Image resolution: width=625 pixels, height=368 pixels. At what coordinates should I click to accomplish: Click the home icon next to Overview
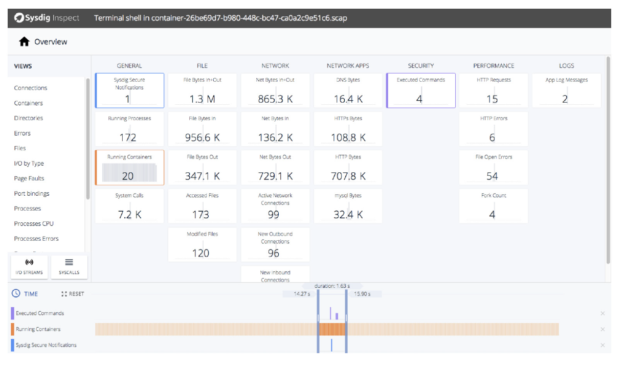[x=24, y=42]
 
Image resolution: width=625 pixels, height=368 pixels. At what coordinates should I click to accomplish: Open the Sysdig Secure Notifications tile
[x=129, y=90]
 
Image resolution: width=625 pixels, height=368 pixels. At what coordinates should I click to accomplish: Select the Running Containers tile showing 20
[x=129, y=167]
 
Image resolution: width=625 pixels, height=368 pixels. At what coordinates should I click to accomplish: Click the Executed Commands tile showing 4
[x=420, y=90]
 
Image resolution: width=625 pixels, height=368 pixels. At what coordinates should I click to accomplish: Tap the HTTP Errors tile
[x=493, y=129]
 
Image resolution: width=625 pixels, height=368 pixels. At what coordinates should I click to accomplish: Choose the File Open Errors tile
[x=493, y=167]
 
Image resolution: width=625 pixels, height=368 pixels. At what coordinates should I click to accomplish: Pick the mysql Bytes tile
[x=348, y=206]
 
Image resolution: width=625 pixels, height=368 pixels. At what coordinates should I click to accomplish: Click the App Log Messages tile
[x=566, y=90]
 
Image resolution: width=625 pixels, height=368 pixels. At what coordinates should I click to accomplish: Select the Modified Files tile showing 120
[x=202, y=244]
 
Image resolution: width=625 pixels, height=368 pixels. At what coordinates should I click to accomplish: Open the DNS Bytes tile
[x=348, y=90]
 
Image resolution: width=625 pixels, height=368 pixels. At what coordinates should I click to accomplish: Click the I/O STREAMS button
[x=29, y=267]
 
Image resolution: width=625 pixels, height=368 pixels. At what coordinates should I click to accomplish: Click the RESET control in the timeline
[x=73, y=294]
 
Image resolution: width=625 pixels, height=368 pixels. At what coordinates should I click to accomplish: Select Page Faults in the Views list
[x=29, y=178]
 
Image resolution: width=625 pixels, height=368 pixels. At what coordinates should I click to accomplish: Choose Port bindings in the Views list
[x=32, y=194]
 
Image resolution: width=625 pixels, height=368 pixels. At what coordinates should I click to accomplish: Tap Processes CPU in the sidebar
[x=34, y=224]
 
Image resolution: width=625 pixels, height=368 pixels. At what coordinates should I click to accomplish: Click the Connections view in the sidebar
[x=31, y=88]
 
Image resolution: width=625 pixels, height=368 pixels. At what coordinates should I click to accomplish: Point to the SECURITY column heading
[x=420, y=66]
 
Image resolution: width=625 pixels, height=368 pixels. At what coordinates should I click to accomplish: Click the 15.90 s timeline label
[x=362, y=294]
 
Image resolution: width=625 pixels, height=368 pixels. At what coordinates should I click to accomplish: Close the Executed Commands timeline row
[x=602, y=313]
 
